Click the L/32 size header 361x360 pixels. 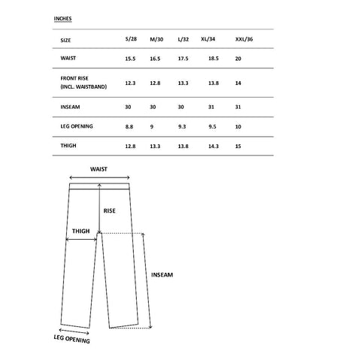tap(183, 39)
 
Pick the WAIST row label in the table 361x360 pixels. tap(69, 58)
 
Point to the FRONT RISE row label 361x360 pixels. tap(77, 78)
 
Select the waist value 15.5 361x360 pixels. tap(130, 58)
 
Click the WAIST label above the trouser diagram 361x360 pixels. tap(99, 169)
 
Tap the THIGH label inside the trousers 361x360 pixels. tap(80, 231)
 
